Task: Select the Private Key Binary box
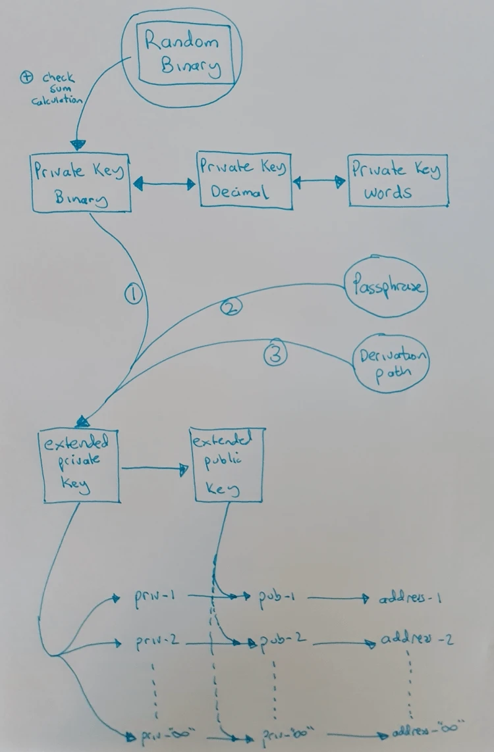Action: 80,183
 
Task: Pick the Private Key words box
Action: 397,180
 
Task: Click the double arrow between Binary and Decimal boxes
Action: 165,186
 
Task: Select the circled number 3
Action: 276,355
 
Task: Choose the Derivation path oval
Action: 392,364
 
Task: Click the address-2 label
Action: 416,640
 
